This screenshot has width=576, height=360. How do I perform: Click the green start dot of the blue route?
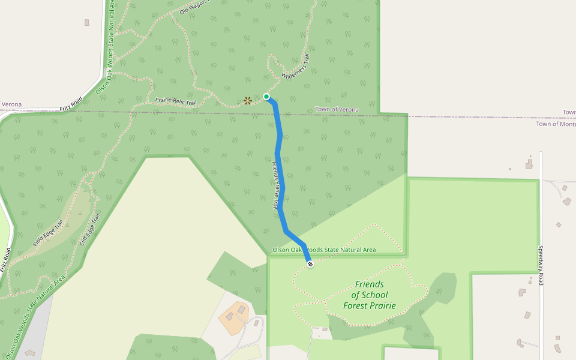[x=266, y=97]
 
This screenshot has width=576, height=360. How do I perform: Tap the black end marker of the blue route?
[x=310, y=264]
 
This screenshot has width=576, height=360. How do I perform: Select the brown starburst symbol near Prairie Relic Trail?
[x=248, y=100]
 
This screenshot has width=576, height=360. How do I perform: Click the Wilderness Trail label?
[x=296, y=67]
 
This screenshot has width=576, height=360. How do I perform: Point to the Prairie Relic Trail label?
[x=176, y=102]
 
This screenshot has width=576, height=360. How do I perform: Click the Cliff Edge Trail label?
[x=89, y=230]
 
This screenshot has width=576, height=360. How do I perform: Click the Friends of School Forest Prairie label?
[x=369, y=295]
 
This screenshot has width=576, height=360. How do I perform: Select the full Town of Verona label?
[x=337, y=110]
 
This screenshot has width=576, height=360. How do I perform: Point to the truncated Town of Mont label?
[x=556, y=124]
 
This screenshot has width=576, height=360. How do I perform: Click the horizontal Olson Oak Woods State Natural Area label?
[x=324, y=250]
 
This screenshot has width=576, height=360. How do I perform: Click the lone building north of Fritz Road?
[x=87, y=23]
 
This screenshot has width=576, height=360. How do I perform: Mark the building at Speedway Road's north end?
[x=529, y=163]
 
